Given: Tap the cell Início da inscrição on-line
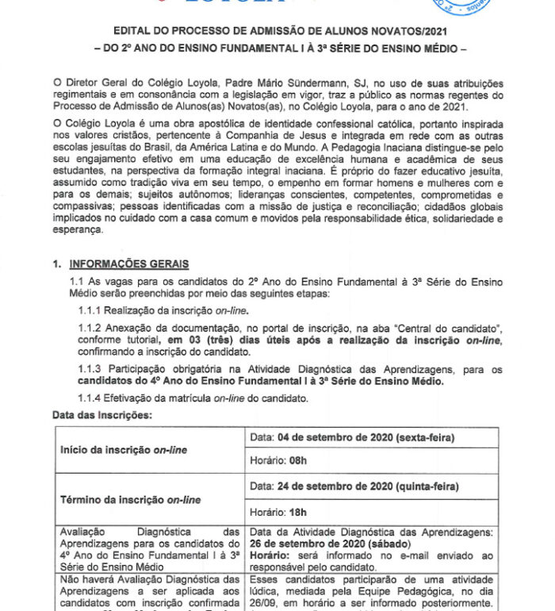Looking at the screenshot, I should tap(124, 450).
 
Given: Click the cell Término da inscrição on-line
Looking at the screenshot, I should tap(130, 500).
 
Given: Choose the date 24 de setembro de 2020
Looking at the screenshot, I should tap(336, 486).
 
